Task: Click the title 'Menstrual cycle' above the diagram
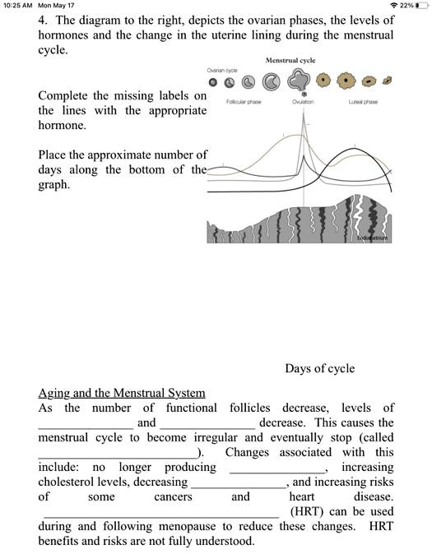[x=290, y=61]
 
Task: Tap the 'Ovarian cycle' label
[x=222, y=71]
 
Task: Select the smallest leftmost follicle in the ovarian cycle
[x=212, y=83]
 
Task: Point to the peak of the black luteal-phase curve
[x=366, y=156]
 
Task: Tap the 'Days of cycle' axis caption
[x=320, y=368]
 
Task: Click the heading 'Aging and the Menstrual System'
[x=122, y=393]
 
